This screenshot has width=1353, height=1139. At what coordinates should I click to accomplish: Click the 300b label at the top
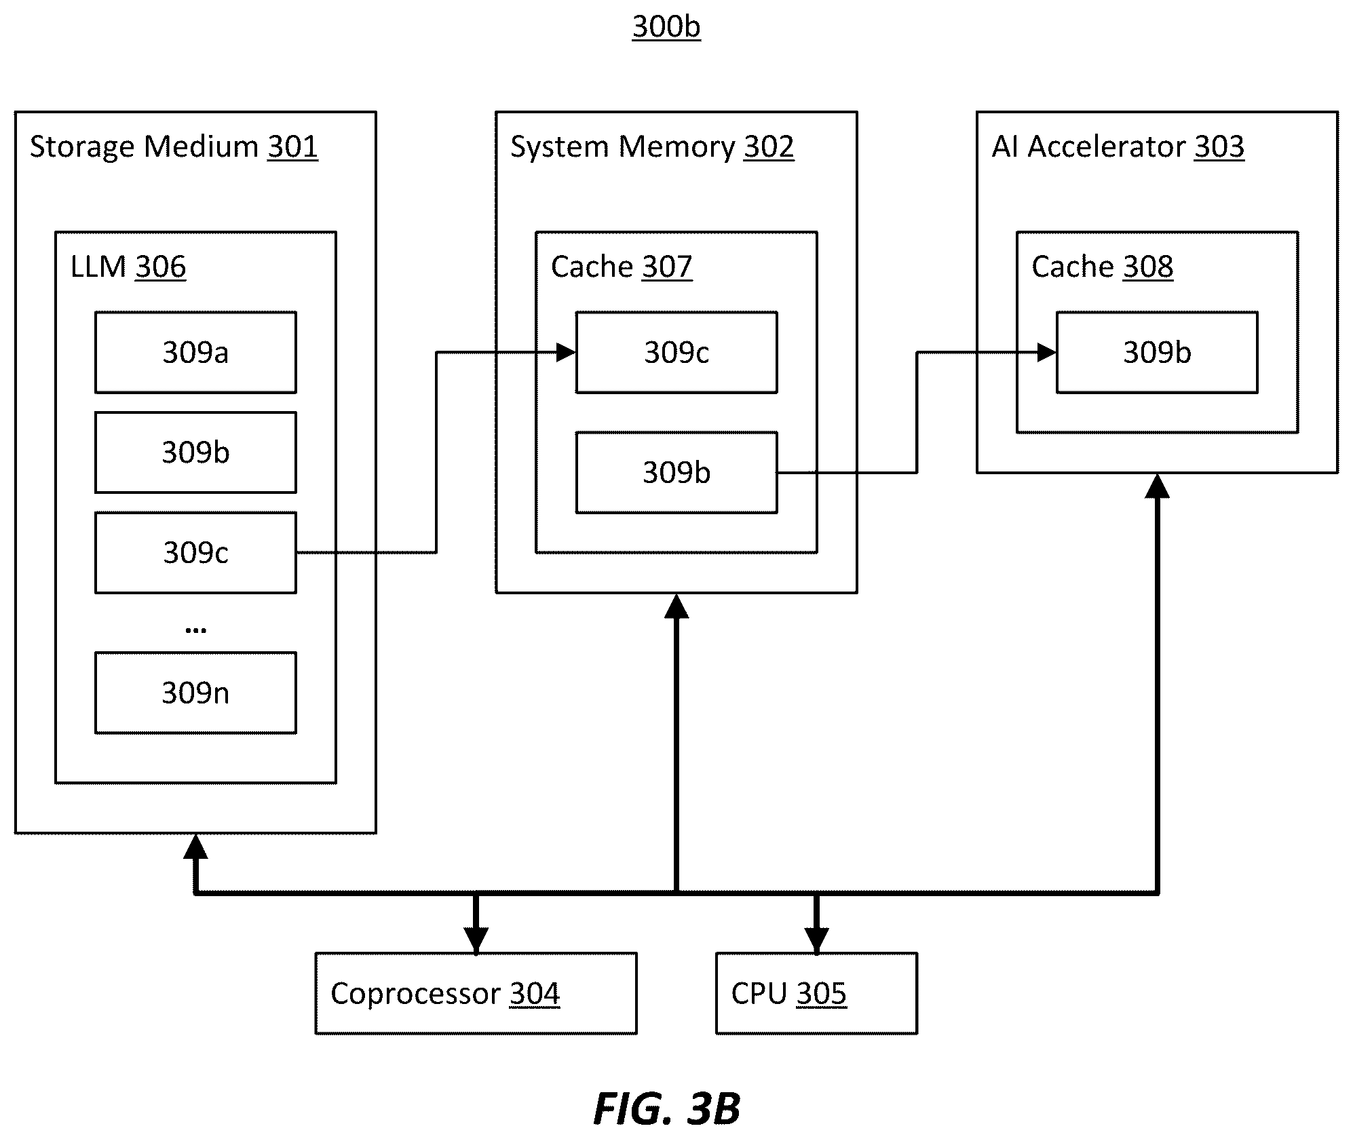(666, 27)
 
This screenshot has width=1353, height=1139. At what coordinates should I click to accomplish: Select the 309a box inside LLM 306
(195, 352)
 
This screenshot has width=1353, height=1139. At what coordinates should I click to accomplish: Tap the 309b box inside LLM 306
(195, 452)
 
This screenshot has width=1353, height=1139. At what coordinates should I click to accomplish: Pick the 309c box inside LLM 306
(195, 553)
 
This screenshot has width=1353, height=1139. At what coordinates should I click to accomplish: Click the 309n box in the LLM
(195, 693)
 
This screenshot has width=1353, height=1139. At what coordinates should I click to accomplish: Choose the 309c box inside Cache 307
(676, 352)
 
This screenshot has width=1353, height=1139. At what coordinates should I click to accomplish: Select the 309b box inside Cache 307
(676, 472)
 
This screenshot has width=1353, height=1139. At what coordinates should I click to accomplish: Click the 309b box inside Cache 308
(1157, 352)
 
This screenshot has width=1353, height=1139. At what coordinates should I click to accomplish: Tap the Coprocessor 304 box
(476, 993)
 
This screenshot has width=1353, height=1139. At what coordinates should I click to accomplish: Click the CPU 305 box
(816, 993)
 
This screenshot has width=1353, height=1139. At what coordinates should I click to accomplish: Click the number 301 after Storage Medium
(292, 147)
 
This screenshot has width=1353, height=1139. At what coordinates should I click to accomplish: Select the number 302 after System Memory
(769, 147)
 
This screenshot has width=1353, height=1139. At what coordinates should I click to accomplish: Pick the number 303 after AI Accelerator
(1219, 147)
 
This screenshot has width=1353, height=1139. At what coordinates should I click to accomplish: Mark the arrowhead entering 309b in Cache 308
(1047, 352)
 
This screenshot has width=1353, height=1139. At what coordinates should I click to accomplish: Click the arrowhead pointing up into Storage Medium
(195, 846)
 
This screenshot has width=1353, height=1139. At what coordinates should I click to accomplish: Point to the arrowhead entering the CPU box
(816, 940)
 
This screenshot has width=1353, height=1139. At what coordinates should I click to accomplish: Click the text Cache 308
(1102, 267)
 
